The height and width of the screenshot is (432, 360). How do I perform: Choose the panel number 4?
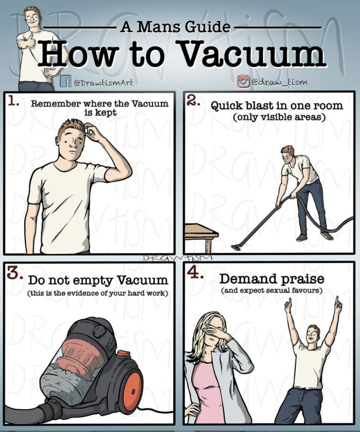(195, 273)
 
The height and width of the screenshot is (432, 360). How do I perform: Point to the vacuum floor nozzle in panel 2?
(236, 247)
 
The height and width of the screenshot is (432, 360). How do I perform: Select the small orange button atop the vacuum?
(123, 354)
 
